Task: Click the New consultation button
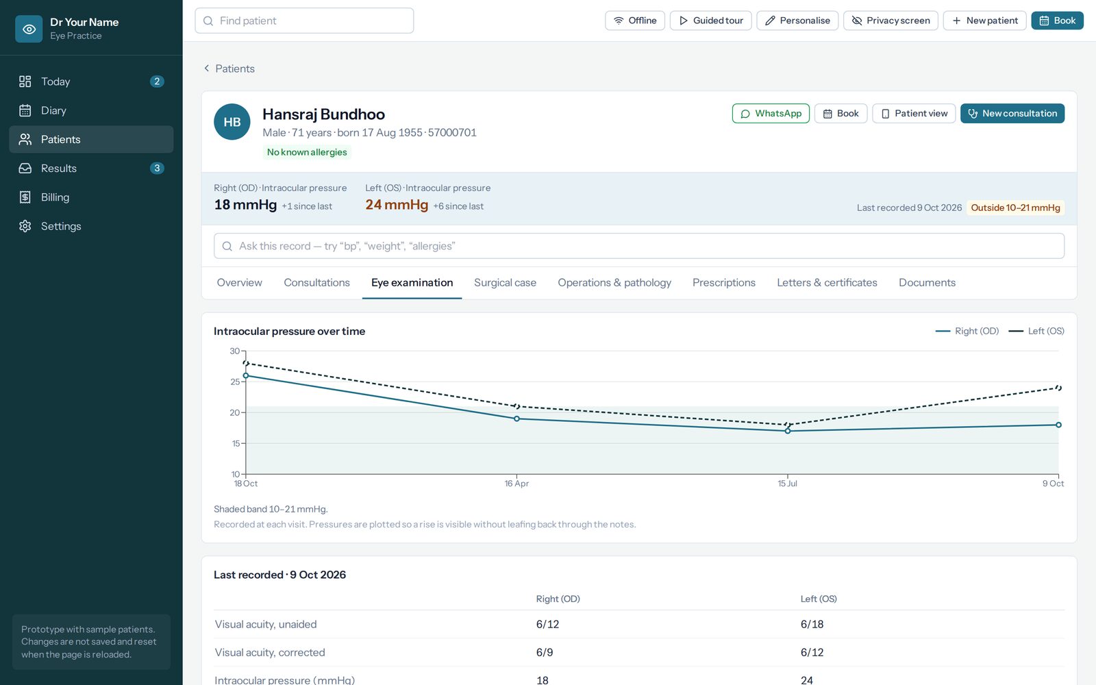(x=1012, y=114)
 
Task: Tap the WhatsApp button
(x=771, y=114)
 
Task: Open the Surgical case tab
(x=505, y=283)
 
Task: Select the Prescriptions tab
(x=723, y=283)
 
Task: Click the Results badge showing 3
(x=157, y=169)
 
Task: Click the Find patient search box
(x=304, y=21)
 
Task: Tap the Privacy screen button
(x=891, y=21)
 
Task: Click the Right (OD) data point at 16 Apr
(x=516, y=419)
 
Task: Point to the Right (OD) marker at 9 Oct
(x=1058, y=425)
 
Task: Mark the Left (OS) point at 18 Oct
(x=246, y=363)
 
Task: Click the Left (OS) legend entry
(x=1036, y=332)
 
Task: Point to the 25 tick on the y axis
(x=235, y=382)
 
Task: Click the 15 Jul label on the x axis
(x=787, y=484)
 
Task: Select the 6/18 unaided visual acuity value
(x=812, y=624)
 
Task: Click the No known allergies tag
(x=307, y=152)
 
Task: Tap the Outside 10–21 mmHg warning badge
(x=1015, y=208)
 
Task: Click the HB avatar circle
(x=232, y=122)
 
